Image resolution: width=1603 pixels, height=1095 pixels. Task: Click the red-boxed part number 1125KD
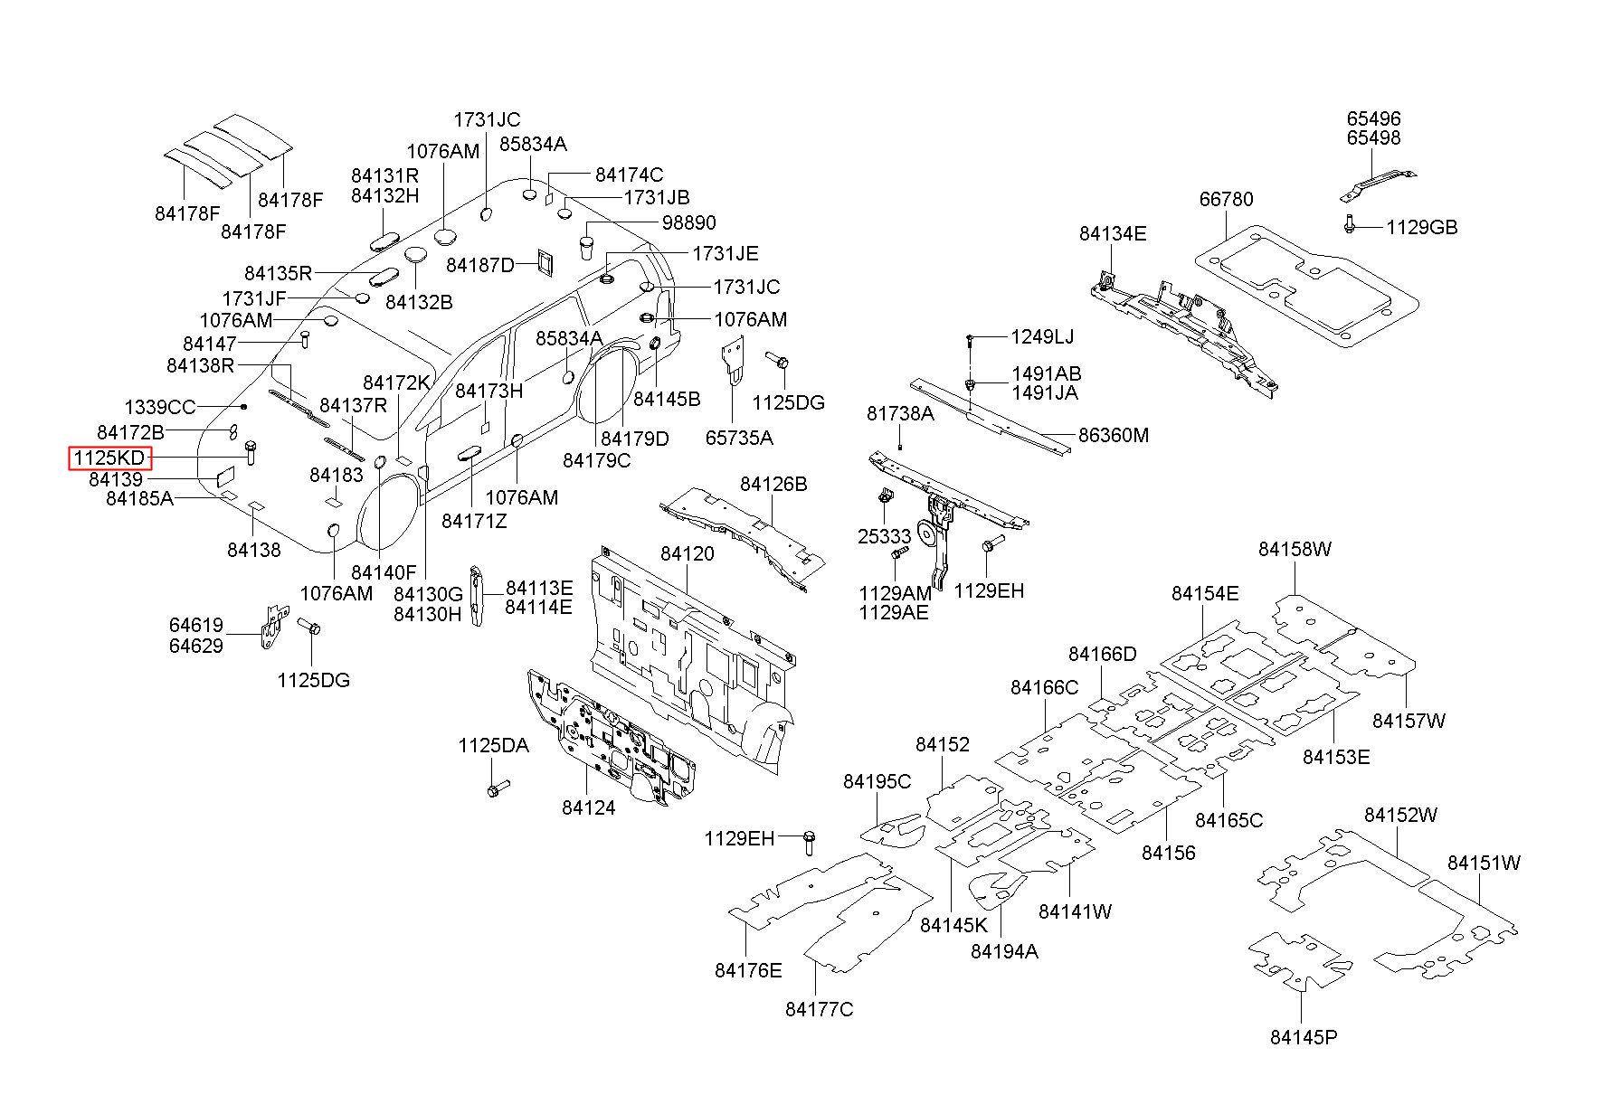[109, 458]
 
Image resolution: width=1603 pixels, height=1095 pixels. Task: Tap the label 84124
[588, 807]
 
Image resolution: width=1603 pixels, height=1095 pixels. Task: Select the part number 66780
[1227, 199]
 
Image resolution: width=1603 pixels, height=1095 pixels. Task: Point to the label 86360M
[1114, 435]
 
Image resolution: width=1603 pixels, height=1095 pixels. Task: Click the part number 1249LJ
[1042, 336]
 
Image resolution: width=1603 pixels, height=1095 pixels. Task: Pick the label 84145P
[1304, 1036]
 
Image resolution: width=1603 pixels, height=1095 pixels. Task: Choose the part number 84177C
[819, 1009]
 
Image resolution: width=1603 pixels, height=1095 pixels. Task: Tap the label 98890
[688, 222]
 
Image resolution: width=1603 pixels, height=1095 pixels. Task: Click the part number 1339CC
[159, 408]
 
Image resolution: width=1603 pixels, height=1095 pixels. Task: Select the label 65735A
[739, 438]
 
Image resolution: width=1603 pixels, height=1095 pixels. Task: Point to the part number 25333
[884, 536]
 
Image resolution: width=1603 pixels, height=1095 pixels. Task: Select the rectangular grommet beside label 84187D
[545, 260]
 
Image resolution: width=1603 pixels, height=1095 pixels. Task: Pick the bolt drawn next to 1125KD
[250, 452]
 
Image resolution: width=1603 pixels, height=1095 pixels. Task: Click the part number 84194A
[1004, 950]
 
